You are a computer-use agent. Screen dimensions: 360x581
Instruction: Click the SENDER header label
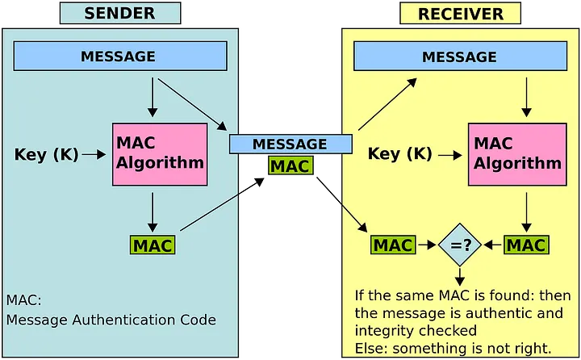(x=120, y=13)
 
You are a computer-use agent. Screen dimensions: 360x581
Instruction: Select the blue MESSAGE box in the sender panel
(x=118, y=57)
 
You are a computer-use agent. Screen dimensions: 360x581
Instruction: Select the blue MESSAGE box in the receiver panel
(x=459, y=57)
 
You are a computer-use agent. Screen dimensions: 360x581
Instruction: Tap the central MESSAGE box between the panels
(x=290, y=144)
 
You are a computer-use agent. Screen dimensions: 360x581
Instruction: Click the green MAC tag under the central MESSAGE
(x=290, y=165)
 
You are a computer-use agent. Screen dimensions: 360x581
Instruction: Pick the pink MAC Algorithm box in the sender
(x=160, y=154)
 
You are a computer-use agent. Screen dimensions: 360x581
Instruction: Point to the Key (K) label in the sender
(x=47, y=154)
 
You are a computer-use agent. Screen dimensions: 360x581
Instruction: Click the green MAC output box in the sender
(x=152, y=245)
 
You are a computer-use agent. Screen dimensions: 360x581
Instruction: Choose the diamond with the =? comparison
(x=460, y=245)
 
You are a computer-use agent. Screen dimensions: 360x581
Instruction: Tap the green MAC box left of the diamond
(x=393, y=245)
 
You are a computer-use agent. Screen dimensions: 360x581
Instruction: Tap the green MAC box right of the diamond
(x=525, y=245)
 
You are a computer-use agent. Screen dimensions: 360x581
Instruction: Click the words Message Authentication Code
(x=111, y=320)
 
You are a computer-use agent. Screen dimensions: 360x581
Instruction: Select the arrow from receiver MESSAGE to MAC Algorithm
(x=526, y=97)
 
